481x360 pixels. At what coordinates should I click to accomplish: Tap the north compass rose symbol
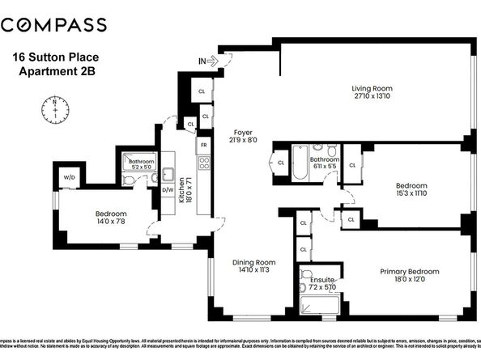pos(53,110)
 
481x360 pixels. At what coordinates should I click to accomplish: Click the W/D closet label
pos(68,176)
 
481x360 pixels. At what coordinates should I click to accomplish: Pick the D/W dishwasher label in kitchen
pos(168,190)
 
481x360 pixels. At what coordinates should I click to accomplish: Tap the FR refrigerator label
pos(204,145)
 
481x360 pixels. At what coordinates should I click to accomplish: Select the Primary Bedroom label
pos(409,271)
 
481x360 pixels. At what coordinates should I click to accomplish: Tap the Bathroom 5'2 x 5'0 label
pos(141,165)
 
